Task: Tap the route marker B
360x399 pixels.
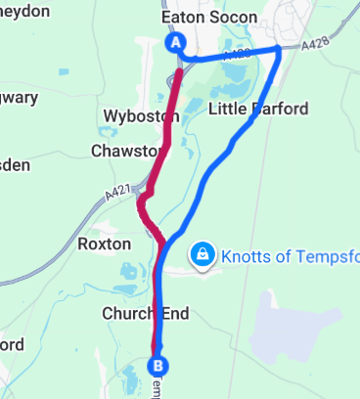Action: click(x=156, y=366)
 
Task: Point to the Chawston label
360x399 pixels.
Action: click(x=123, y=152)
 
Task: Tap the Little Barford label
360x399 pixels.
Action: click(x=258, y=109)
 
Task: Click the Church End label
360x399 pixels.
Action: click(x=146, y=314)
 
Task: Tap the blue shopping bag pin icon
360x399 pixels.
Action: click(x=201, y=254)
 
